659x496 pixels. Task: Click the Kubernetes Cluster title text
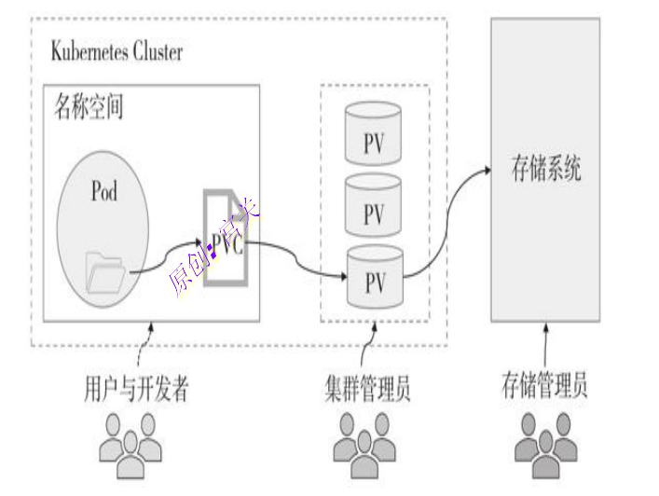tap(117, 50)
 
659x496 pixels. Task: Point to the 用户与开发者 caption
tap(136, 389)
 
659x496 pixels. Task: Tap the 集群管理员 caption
tap(374, 389)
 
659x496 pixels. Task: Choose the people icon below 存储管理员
tap(546, 443)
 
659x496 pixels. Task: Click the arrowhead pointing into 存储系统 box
tap(486, 171)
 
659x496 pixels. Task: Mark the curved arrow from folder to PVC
tap(168, 255)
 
